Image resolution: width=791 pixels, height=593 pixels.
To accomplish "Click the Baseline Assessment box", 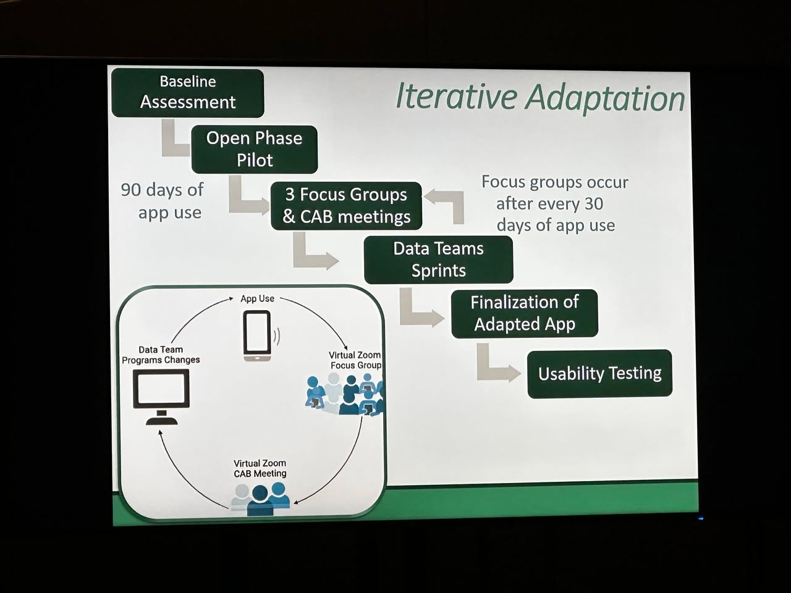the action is click(188, 93).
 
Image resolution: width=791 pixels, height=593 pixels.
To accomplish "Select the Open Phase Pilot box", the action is click(255, 149).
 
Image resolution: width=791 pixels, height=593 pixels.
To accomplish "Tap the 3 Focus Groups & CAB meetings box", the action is click(346, 206).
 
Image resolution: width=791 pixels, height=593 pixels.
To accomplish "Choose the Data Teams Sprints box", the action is click(439, 259).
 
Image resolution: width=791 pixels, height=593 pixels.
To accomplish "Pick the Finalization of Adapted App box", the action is click(524, 313).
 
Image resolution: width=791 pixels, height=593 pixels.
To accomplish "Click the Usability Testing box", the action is click(599, 373).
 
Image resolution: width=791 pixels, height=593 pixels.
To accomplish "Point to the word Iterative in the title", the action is click(455, 96).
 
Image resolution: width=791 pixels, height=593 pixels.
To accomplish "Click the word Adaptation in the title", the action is click(605, 99).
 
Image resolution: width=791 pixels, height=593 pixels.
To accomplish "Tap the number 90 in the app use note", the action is click(130, 190).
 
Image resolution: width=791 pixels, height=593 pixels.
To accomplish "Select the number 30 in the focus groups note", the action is click(593, 204).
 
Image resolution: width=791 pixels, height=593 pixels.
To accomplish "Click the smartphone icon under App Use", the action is click(257, 335).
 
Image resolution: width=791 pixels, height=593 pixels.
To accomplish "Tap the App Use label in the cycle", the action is click(257, 298).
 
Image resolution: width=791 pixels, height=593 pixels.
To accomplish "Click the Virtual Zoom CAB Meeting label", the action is click(260, 468).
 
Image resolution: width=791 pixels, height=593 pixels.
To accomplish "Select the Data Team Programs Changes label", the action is click(161, 355).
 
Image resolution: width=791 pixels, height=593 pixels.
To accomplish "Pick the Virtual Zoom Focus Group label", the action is click(355, 360).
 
